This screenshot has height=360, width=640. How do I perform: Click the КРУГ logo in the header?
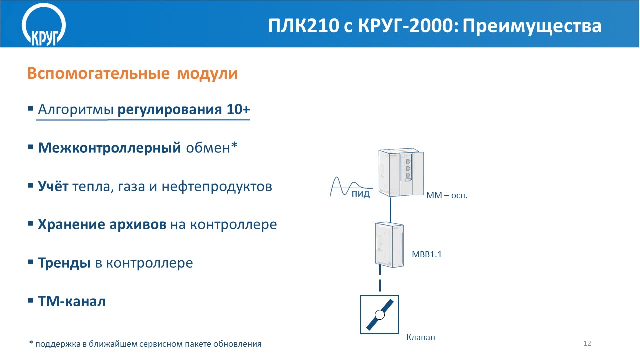pos(44,25)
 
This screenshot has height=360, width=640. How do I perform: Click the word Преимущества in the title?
pos(532,26)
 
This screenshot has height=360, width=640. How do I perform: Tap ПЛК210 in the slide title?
pos(303,25)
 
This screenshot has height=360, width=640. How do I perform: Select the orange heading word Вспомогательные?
pos(98,73)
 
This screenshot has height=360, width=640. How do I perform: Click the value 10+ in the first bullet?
pos(238,109)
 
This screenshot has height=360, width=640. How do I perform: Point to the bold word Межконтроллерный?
pos(109,148)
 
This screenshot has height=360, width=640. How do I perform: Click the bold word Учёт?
pos(53,186)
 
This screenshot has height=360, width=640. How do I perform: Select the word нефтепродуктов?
pos(217,187)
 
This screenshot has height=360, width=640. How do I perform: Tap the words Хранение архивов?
pos(102,224)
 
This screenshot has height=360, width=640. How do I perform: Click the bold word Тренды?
pos(64,263)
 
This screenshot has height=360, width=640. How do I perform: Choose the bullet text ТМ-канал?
pos(72,301)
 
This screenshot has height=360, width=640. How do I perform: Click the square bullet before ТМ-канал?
pos(31,301)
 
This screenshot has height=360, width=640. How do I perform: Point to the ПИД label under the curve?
pos(361,194)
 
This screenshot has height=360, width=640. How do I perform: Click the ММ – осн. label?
pos(447,195)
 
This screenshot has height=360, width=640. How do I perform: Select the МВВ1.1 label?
pos(427,254)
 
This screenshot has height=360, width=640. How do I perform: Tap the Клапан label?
pos(421,337)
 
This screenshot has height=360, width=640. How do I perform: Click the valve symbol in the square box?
pos(379,315)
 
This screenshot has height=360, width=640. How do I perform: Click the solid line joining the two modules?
pos(390,210)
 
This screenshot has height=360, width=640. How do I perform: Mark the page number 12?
pos(587,343)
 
